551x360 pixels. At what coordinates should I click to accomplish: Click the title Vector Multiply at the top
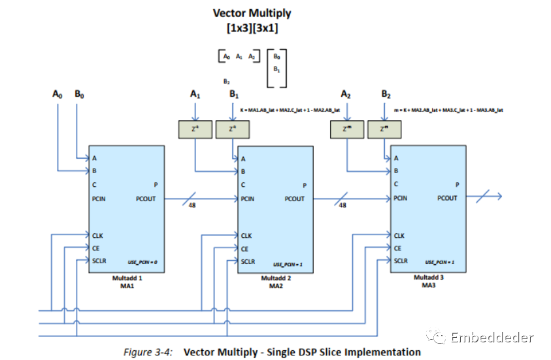pos(252,13)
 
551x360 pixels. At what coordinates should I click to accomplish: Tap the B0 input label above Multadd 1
pos(78,94)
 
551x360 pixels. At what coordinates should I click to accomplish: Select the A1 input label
pos(195,95)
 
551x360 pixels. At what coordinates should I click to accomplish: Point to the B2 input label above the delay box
pos(386,95)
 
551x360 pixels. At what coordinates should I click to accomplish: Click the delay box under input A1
pos(195,129)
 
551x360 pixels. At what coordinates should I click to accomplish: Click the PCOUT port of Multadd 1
pos(146,199)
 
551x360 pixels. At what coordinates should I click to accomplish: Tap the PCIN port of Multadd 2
pos(248,199)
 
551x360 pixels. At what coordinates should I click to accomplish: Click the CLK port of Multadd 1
pos(98,235)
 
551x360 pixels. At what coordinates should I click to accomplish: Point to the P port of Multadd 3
pos(457,184)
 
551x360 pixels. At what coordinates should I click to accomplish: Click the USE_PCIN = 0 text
pos(142,263)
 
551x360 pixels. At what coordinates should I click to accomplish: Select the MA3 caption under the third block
pos(429,285)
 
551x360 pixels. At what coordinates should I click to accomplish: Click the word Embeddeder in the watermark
pos(492,337)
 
